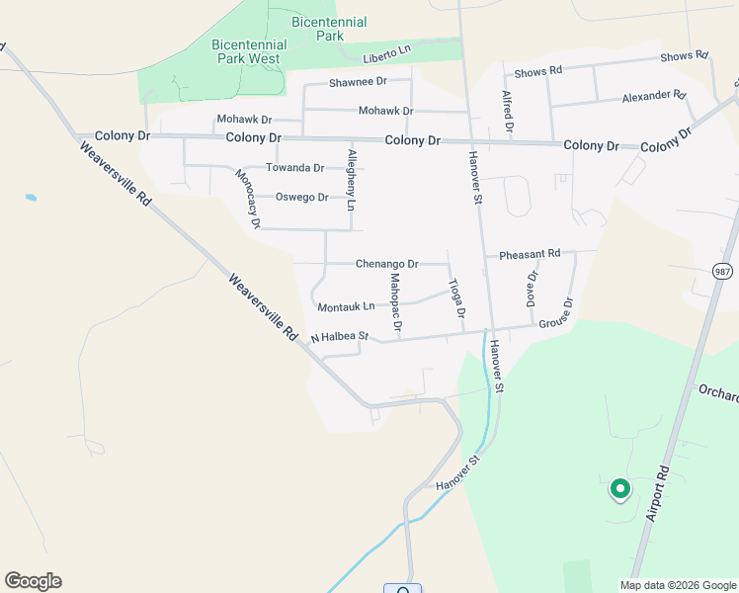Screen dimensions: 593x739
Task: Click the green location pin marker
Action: (619, 488)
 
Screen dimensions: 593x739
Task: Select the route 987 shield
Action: (723, 271)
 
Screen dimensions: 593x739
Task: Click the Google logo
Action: (33, 581)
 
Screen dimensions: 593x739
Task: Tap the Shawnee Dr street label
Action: (358, 82)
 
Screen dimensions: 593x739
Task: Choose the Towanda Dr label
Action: (294, 168)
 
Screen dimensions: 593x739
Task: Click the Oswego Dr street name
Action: (301, 197)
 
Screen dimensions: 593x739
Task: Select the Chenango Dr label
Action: (386, 264)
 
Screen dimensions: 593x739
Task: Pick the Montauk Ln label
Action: (346, 307)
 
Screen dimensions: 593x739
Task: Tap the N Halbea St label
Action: (339, 338)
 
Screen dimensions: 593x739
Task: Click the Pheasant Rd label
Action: (530, 254)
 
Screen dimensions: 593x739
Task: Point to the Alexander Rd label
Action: (653, 97)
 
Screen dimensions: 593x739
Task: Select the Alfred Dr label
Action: (508, 112)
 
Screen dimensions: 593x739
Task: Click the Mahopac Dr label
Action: (395, 301)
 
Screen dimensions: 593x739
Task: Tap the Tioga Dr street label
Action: (457, 297)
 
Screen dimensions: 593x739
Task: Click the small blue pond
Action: (31, 199)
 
